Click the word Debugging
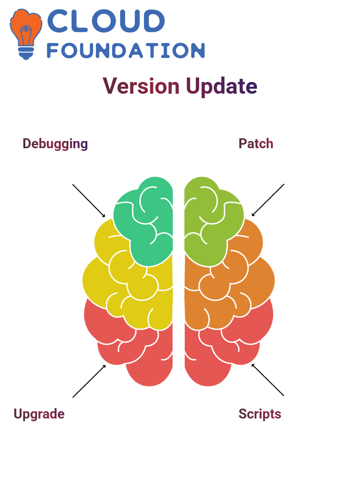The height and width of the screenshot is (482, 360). pyautogui.click(x=55, y=144)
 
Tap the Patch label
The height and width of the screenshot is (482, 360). pyautogui.click(x=256, y=144)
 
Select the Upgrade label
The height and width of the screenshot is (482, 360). pyautogui.click(x=39, y=414)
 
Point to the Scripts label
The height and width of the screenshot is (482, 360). pyautogui.click(x=260, y=414)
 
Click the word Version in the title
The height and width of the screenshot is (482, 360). pyautogui.click(x=141, y=86)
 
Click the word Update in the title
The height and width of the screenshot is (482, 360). pyautogui.click(x=222, y=86)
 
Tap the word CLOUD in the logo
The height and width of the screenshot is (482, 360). pyautogui.click(x=106, y=21)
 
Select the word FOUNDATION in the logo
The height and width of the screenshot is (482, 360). pyautogui.click(x=126, y=50)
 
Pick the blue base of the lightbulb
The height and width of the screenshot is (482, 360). pyautogui.click(x=26, y=53)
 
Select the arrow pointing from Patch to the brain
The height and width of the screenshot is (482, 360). pyautogui.click(x=268, y=200)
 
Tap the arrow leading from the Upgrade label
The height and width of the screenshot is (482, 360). pyautogui.click(x=89, y=381)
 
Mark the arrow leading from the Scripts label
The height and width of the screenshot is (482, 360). pyautogui.click(x=268, y=380)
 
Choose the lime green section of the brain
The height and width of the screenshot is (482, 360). pyautogui.click(x=212, y=221)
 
